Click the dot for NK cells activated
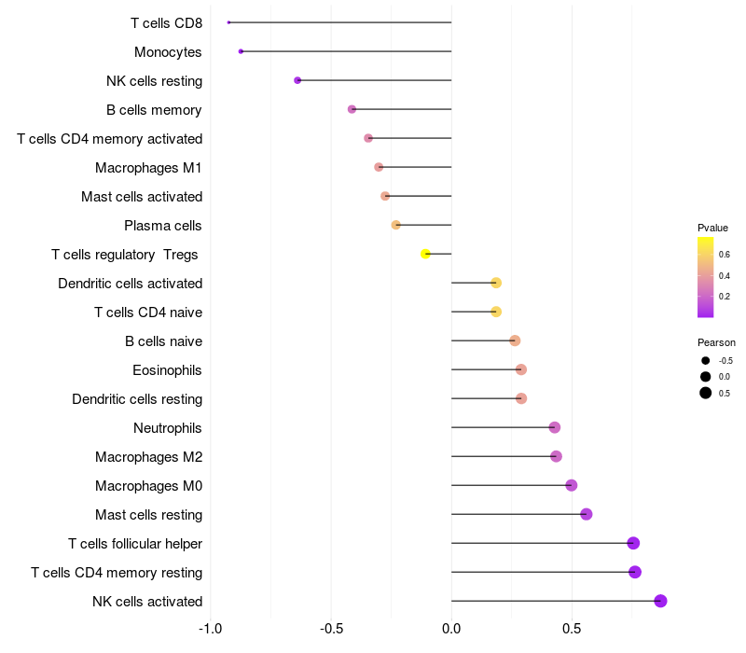coord(660,601)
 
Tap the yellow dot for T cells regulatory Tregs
coord(426,254)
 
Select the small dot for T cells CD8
coord(228,22)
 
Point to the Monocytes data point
coord(241,51)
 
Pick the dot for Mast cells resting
coord(586,514)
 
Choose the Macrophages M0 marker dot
coord(572,485)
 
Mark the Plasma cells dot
coord(396,225)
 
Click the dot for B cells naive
coord(515,340)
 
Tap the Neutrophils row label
coord(168,428)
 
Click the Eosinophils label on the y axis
coord(167,370)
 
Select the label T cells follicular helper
coord(135,544)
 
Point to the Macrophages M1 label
coord(148,168)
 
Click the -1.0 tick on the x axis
coord(211,629)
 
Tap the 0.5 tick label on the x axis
coord(572,629)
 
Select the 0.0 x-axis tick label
coord(451,629)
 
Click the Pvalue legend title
coord(712,228)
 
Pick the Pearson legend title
coord(716,342)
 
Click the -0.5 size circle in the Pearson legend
coord(706,360)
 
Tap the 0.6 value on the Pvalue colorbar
coord(724,254)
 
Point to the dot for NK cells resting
coord(297,80)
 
